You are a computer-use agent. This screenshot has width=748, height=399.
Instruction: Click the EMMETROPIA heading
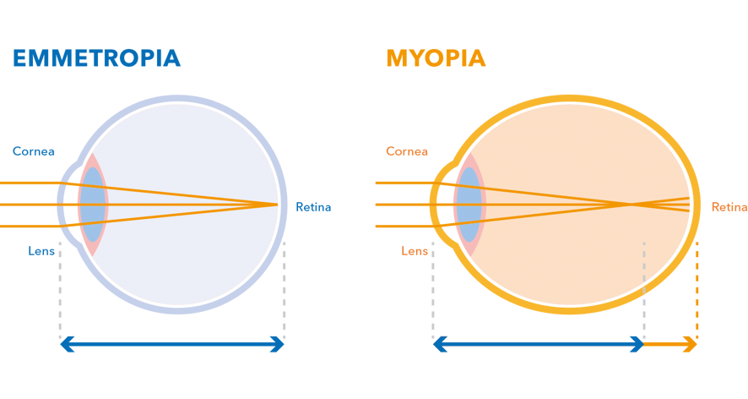(x=96, y=58)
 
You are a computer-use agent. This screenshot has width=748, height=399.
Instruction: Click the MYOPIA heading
(x=436, y=58)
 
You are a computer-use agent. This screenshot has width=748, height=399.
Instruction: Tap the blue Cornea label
(x=34, y=151)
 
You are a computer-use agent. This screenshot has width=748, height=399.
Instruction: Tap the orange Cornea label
(x=407, y=151)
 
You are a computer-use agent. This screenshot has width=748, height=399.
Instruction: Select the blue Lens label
(x=41, y=251)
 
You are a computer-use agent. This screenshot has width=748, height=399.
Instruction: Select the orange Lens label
(x=415, y=251)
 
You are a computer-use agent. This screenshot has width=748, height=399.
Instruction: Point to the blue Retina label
(x=313, y=207)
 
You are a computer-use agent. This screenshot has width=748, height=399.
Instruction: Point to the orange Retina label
(x=729, y=207)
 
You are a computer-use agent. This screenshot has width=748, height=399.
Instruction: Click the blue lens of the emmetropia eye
(x=93, y=205)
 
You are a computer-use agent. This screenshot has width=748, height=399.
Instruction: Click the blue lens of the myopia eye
(x=469, y=205)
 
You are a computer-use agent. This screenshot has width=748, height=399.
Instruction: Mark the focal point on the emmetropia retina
(x=277, y=205)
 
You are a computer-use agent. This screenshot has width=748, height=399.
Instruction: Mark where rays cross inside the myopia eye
(x=631, y=205)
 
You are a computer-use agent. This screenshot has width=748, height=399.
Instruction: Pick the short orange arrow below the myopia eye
(x=670, y=344)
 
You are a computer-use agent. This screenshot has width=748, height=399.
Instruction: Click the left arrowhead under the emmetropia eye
(x=68, y=344)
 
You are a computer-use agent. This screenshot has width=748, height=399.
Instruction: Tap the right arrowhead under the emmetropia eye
(x=277, y=344)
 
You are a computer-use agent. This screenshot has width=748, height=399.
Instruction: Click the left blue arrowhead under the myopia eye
(x=441, y=344)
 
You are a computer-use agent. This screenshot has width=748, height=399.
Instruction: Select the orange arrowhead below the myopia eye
(x=691, y=344)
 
